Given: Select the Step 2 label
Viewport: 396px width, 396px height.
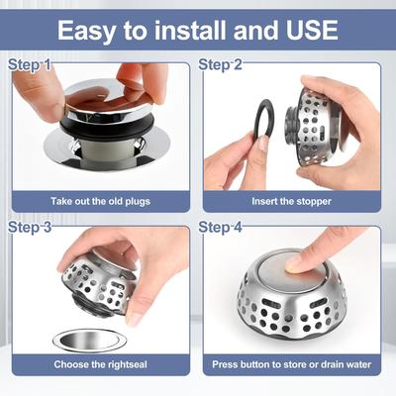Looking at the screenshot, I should point(221,65).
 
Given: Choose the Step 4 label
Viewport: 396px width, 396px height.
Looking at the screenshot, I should point(221,228).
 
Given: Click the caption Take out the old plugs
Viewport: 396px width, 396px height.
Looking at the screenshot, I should point(101,202).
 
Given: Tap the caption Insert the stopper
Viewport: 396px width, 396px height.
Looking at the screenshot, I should point(294,202).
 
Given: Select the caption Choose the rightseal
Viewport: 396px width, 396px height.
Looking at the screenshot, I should point(101,364).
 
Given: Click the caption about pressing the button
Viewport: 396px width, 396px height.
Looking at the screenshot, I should point(294,364).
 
